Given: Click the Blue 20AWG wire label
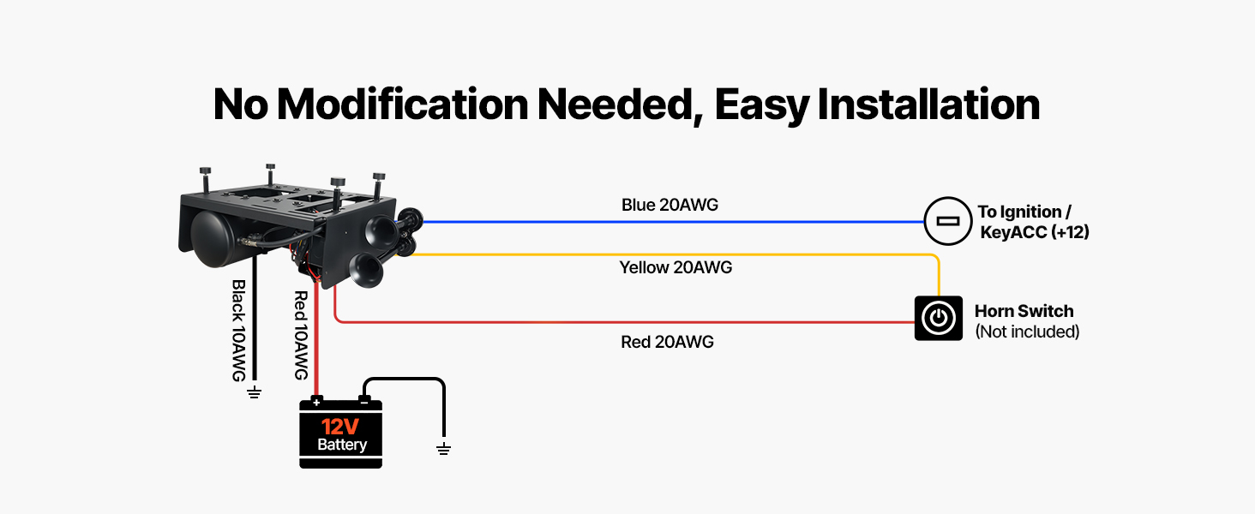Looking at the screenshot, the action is tap(670, 205).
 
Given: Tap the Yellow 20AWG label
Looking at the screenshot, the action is tap(676, 267).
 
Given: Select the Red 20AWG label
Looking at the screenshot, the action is tap(667, 342).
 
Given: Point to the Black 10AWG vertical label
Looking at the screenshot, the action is tap(238, 331).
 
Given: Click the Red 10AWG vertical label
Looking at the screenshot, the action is tap(302, 336).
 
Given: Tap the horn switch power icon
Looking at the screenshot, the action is tap(939, 318).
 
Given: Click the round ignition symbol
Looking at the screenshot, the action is tap(947, 221).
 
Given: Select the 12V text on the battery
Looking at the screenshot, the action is tap(340, 427).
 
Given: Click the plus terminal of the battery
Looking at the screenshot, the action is tap(316, 402).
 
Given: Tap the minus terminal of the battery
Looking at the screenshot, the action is tap(364, 402).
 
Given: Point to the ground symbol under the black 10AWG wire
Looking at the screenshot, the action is tap(255, 392).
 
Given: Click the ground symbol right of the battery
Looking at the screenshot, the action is tap(444, 449).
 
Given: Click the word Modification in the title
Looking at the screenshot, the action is tap(402, 105).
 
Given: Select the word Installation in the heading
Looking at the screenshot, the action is tap(928, 105).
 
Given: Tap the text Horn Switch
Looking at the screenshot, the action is tap(1024, 311).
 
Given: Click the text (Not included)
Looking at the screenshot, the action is tap(1027, 332).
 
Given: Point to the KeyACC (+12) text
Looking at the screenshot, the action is tap(1035, 232).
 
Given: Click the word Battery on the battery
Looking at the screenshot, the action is tap(342, 445).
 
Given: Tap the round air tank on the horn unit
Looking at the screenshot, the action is tap(212, 237).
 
